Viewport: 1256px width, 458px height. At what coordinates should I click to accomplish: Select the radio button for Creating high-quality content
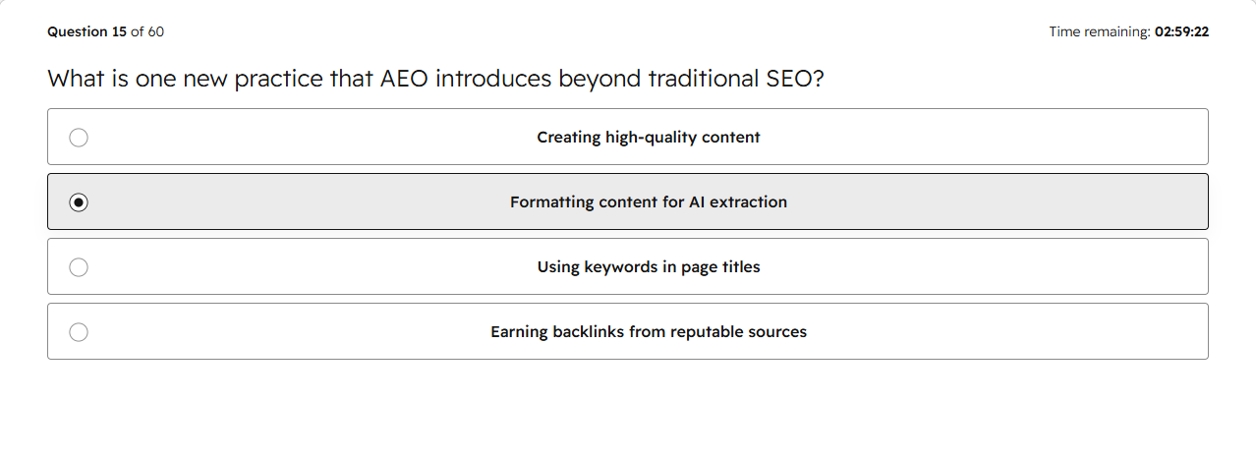(79, 138)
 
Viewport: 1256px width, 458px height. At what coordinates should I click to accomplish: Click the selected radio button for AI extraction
(79, 202)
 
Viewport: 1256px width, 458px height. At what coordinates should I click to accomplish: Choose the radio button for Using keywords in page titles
(79, 267)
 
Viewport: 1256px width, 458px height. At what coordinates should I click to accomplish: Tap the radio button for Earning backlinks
(79, 332)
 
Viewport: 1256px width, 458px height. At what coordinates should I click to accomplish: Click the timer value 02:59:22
(1181, 32)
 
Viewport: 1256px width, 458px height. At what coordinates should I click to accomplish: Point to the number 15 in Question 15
(119, 32)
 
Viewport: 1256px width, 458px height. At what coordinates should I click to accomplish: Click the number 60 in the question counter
(156, 32)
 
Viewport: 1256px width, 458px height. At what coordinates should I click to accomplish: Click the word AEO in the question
(404, 79)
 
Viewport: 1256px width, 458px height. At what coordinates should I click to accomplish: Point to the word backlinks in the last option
(588, 332)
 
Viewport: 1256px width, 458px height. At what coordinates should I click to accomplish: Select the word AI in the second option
(697, 201)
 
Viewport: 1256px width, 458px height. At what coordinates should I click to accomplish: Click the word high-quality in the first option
(651, 138)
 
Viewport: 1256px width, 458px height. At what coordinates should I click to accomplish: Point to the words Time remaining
(1100, 32)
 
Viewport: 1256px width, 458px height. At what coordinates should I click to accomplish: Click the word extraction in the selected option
(748, 201)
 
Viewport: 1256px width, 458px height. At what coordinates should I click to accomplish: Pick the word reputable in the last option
(704, 332)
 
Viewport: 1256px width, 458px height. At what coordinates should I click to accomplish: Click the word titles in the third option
(741, 267)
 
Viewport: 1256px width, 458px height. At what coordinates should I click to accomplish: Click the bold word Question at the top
(78, 32)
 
